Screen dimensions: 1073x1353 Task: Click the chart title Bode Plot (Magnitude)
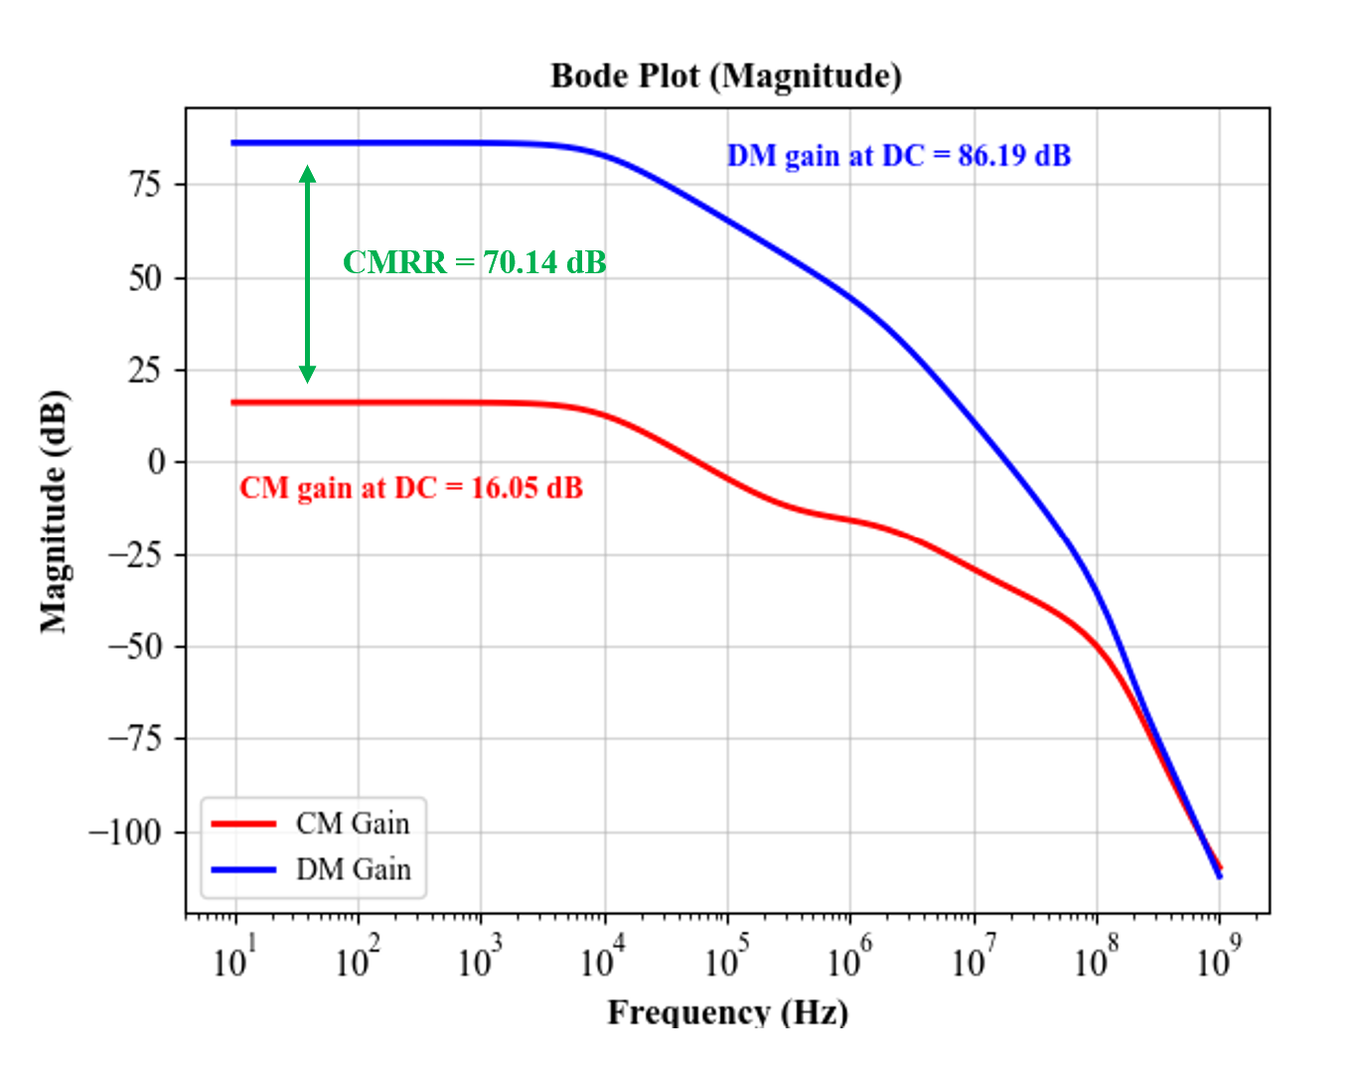[726, 77]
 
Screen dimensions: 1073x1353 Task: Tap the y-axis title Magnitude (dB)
[54, 513]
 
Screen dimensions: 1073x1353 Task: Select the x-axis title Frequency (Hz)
[727, 1012]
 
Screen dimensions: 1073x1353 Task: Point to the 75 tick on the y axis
[144, 185]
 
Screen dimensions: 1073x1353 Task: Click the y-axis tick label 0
[157, 462]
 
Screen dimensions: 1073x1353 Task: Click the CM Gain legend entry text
[353, 824]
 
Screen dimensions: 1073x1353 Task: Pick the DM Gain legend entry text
[353, 869]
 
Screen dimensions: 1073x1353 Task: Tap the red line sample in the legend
[243, 824]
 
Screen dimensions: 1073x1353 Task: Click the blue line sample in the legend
[243, 870]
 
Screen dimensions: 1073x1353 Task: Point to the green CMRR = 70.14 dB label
[474, 262]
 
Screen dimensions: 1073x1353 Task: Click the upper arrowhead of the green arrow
[307, 174]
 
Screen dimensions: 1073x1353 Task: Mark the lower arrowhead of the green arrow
[307, 374]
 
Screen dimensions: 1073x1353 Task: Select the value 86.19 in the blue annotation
[992, 156]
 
